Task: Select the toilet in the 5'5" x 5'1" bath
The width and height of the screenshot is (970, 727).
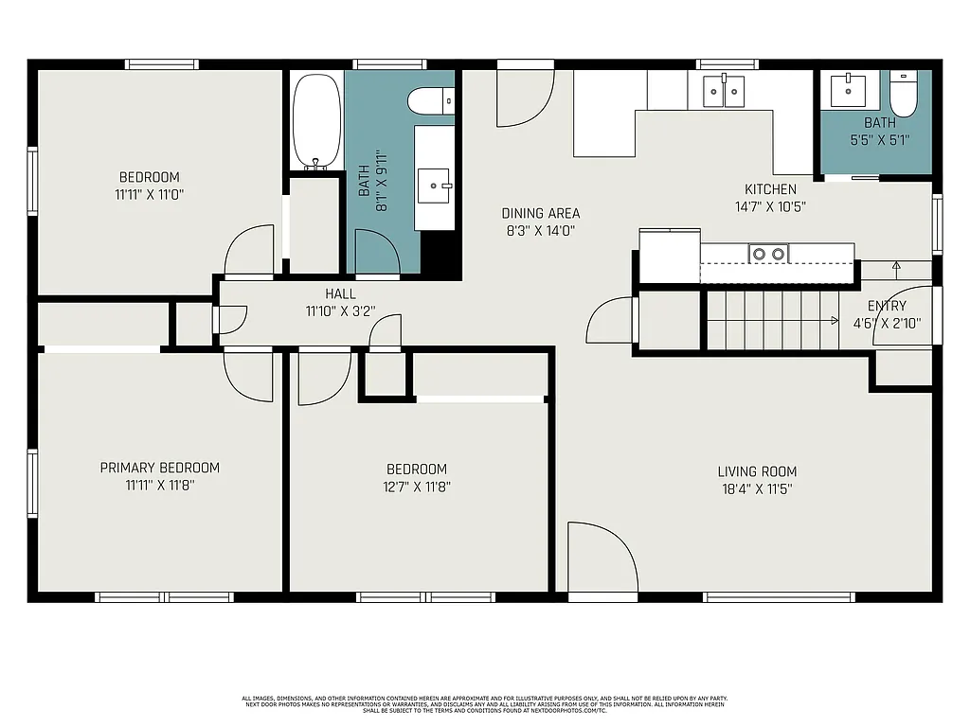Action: tap(905, 95)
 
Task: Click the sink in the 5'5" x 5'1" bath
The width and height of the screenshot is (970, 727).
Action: tap(849, 92)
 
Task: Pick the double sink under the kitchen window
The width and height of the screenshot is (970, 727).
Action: tap(723, 92)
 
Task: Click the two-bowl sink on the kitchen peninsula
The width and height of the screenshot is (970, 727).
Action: tap(767, 254)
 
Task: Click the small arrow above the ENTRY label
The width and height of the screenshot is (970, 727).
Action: tap(896, 267)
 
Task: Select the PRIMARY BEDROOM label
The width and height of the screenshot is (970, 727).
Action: tap(159, 468)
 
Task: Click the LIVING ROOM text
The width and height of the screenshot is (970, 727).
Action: tap(756, 471)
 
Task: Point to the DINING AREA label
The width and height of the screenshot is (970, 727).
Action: tap(540, 214)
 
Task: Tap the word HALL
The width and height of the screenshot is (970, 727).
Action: tap(340, 294)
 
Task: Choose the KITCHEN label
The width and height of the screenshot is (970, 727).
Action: tap(770, 189)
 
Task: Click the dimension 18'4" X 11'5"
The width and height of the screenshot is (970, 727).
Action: tap(756, 489)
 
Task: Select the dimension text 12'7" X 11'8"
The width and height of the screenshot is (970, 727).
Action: tap(416, 487)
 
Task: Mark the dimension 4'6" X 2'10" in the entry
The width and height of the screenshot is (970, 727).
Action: tap(887, 323)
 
